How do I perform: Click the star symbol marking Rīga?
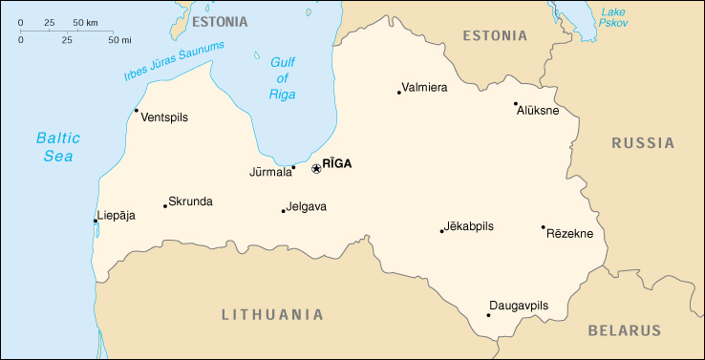click(x=316, y=169)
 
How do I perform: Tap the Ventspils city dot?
click(x=136, y=110)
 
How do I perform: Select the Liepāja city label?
click(x=117, y=215)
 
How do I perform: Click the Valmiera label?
click(x=425, y=87)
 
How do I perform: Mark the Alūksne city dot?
click(x=516, y=104)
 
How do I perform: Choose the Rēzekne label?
click(x=569, y=233)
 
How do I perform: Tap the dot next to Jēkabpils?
click(x=441, y=230)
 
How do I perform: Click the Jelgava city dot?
click(x=283, y=211)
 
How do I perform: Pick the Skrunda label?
click(x=190, y=201)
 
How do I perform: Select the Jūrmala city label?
click(x=270, y=173)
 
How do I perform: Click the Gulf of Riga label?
click(x=284, y=76)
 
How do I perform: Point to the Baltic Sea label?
click(x=58, y=146)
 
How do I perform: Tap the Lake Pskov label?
click(x=612, y=16)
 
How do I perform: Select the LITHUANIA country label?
click(x=272, y=314)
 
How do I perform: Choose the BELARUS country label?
click(x=624, y=330)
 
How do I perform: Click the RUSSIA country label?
click(x=643, y=143)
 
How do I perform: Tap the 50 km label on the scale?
click(x=85, y=21)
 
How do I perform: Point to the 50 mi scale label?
click(x=118, y=40)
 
